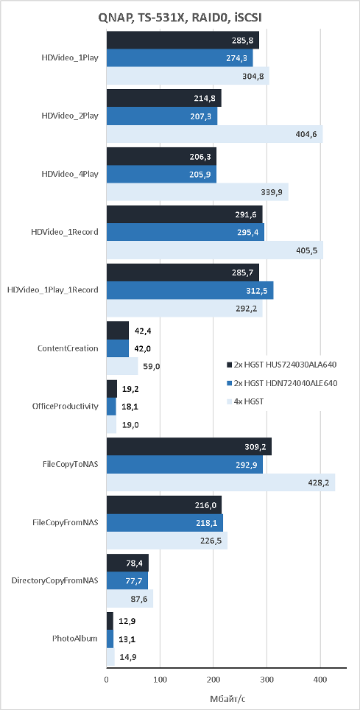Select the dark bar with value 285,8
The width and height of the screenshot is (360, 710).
183,40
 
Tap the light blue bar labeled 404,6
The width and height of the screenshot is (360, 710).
215,134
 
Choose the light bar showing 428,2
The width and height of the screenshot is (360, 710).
221,482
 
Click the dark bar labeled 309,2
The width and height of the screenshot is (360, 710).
189,446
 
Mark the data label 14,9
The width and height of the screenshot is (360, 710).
127,656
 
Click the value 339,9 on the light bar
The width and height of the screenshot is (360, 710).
272,192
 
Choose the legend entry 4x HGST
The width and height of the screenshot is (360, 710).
245,401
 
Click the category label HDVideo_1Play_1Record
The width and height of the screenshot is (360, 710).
53,290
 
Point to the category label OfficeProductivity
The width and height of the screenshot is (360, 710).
66,406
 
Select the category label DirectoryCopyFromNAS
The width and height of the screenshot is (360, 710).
54,580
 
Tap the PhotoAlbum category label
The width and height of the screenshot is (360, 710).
74,639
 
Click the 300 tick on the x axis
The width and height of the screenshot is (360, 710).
267,679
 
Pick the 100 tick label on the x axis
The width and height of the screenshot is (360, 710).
160,679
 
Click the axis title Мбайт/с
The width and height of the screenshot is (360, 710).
227,697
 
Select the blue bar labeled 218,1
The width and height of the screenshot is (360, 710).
165,522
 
